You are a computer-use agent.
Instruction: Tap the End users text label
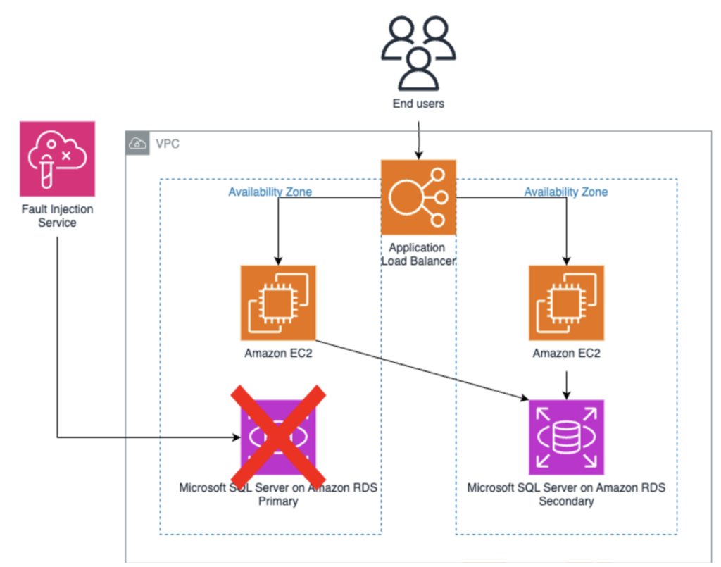point(418,104)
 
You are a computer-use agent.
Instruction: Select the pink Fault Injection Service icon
point(57,158)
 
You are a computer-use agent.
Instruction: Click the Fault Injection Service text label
point(57,216)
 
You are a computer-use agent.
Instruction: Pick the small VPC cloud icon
point(137,143)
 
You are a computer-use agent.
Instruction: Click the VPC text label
point(168,144)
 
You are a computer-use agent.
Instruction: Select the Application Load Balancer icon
point(418,197)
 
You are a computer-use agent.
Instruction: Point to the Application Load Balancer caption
point(418,254)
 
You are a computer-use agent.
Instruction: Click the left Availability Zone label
point(270,192)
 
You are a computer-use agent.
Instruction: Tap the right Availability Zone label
point(565,192)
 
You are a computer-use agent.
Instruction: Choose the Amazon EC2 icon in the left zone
point(278,303)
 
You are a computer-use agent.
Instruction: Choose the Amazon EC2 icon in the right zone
point(566,303)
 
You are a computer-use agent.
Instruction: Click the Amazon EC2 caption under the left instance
point(278,354)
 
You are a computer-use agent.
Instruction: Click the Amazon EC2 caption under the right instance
point(566,354)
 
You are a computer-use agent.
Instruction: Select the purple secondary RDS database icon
point(566,437)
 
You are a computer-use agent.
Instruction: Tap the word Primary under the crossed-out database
point(278,501)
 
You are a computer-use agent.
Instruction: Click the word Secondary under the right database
point(566,501)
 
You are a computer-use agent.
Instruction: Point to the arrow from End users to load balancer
point(418,139)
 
